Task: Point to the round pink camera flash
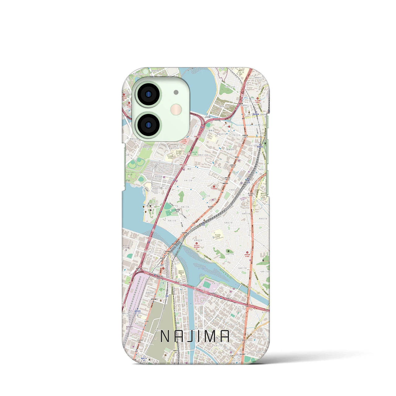[177, 109]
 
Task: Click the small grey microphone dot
[176, 92]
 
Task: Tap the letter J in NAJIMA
[191, 336]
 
